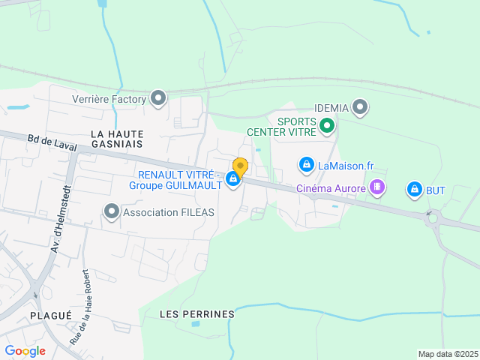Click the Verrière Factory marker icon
pyautogui.click(x=158, y=98)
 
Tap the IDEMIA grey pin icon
pyautogui.click(x=361, y=107)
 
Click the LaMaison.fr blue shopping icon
pyautogui.click(x=306, y=164)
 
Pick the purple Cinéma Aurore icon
pyautogui.click(x=377, y=187)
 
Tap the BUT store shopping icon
pyautogui.click(x=414, y=190)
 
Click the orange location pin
pyautogui.click(x=240, y=166)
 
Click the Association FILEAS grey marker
pyautogui.click(x=112, y=212)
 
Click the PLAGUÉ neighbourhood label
pyautogui.click(x=52, y=316)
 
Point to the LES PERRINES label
pyautogui.click(x=197, y=314)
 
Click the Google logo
pyautogui.click(x=25, y=351)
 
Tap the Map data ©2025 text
pyautogui.click(x=448, y=354)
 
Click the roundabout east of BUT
pyautogui.click(x=433, y=220)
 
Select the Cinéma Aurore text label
pyautogui.click(x=331, y=188)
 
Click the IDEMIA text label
pyautogui.click(x=331, y=108)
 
